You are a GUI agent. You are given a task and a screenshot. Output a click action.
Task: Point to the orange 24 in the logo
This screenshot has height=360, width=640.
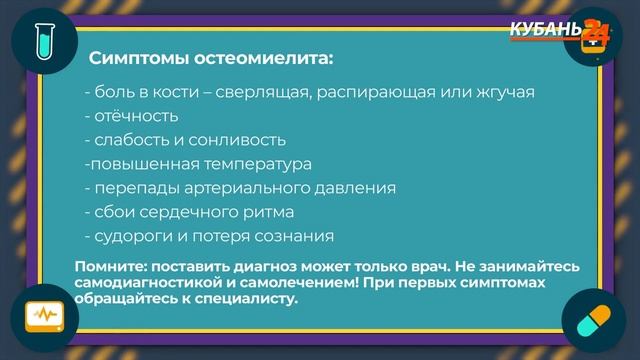coord(595,31)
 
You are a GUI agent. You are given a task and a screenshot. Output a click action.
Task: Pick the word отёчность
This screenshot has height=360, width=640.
coord(130,116)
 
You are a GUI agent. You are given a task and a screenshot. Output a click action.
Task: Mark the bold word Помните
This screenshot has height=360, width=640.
coord(110,265)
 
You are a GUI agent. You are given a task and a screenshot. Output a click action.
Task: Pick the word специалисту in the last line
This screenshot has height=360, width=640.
coord(243,297)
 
